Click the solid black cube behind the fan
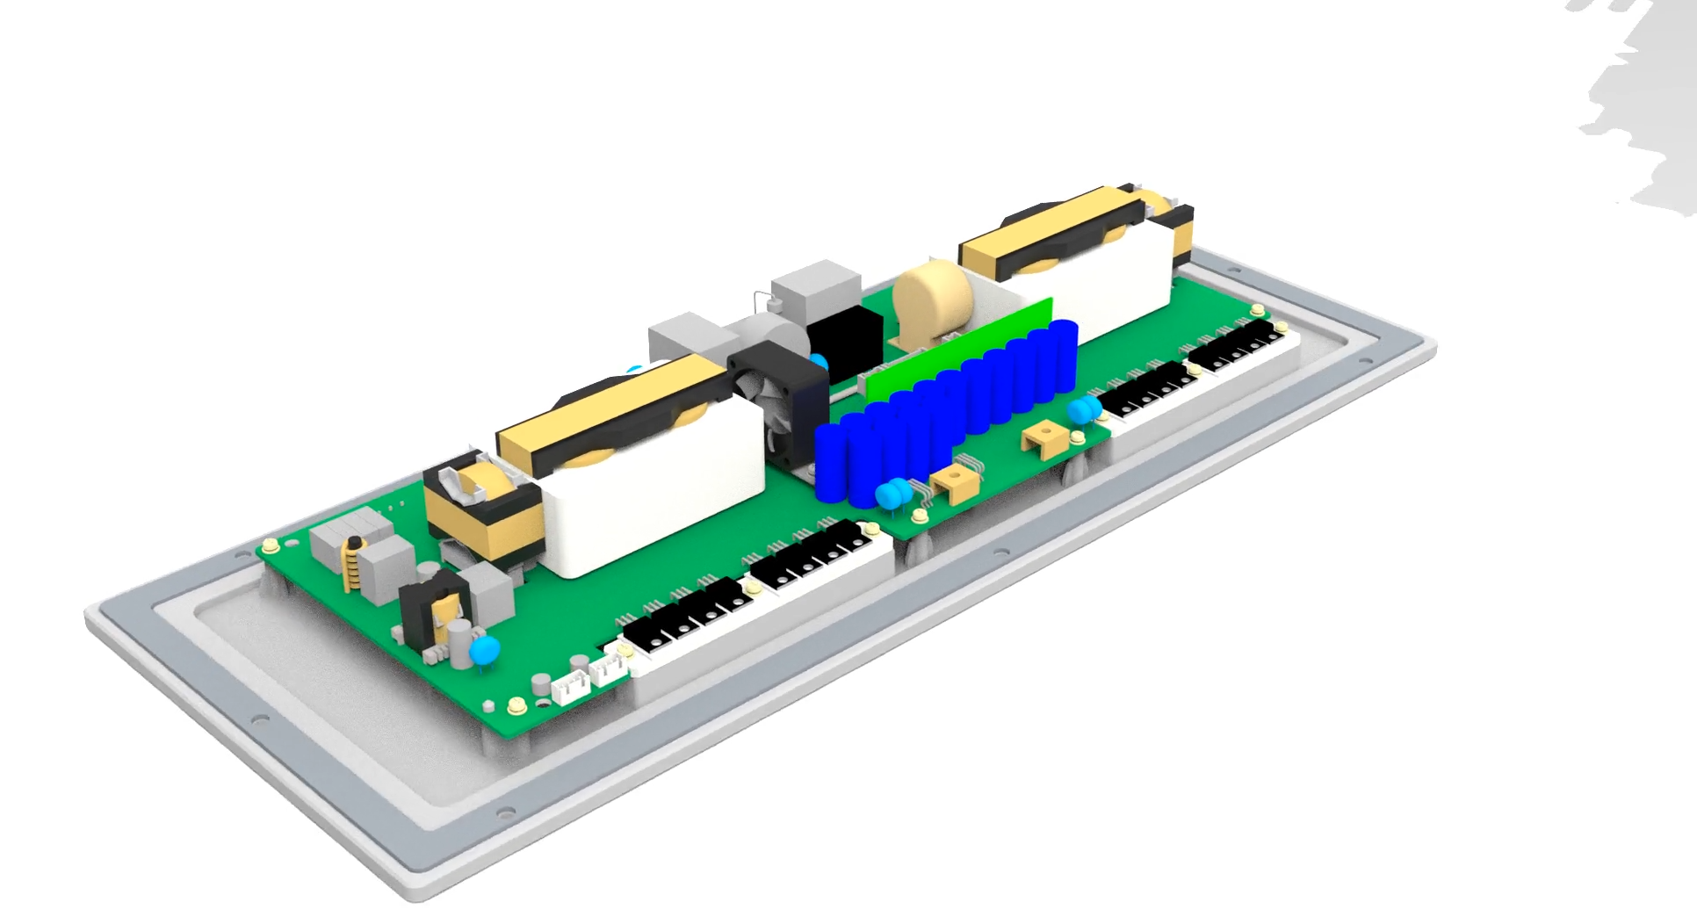(x=843, y=338)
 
